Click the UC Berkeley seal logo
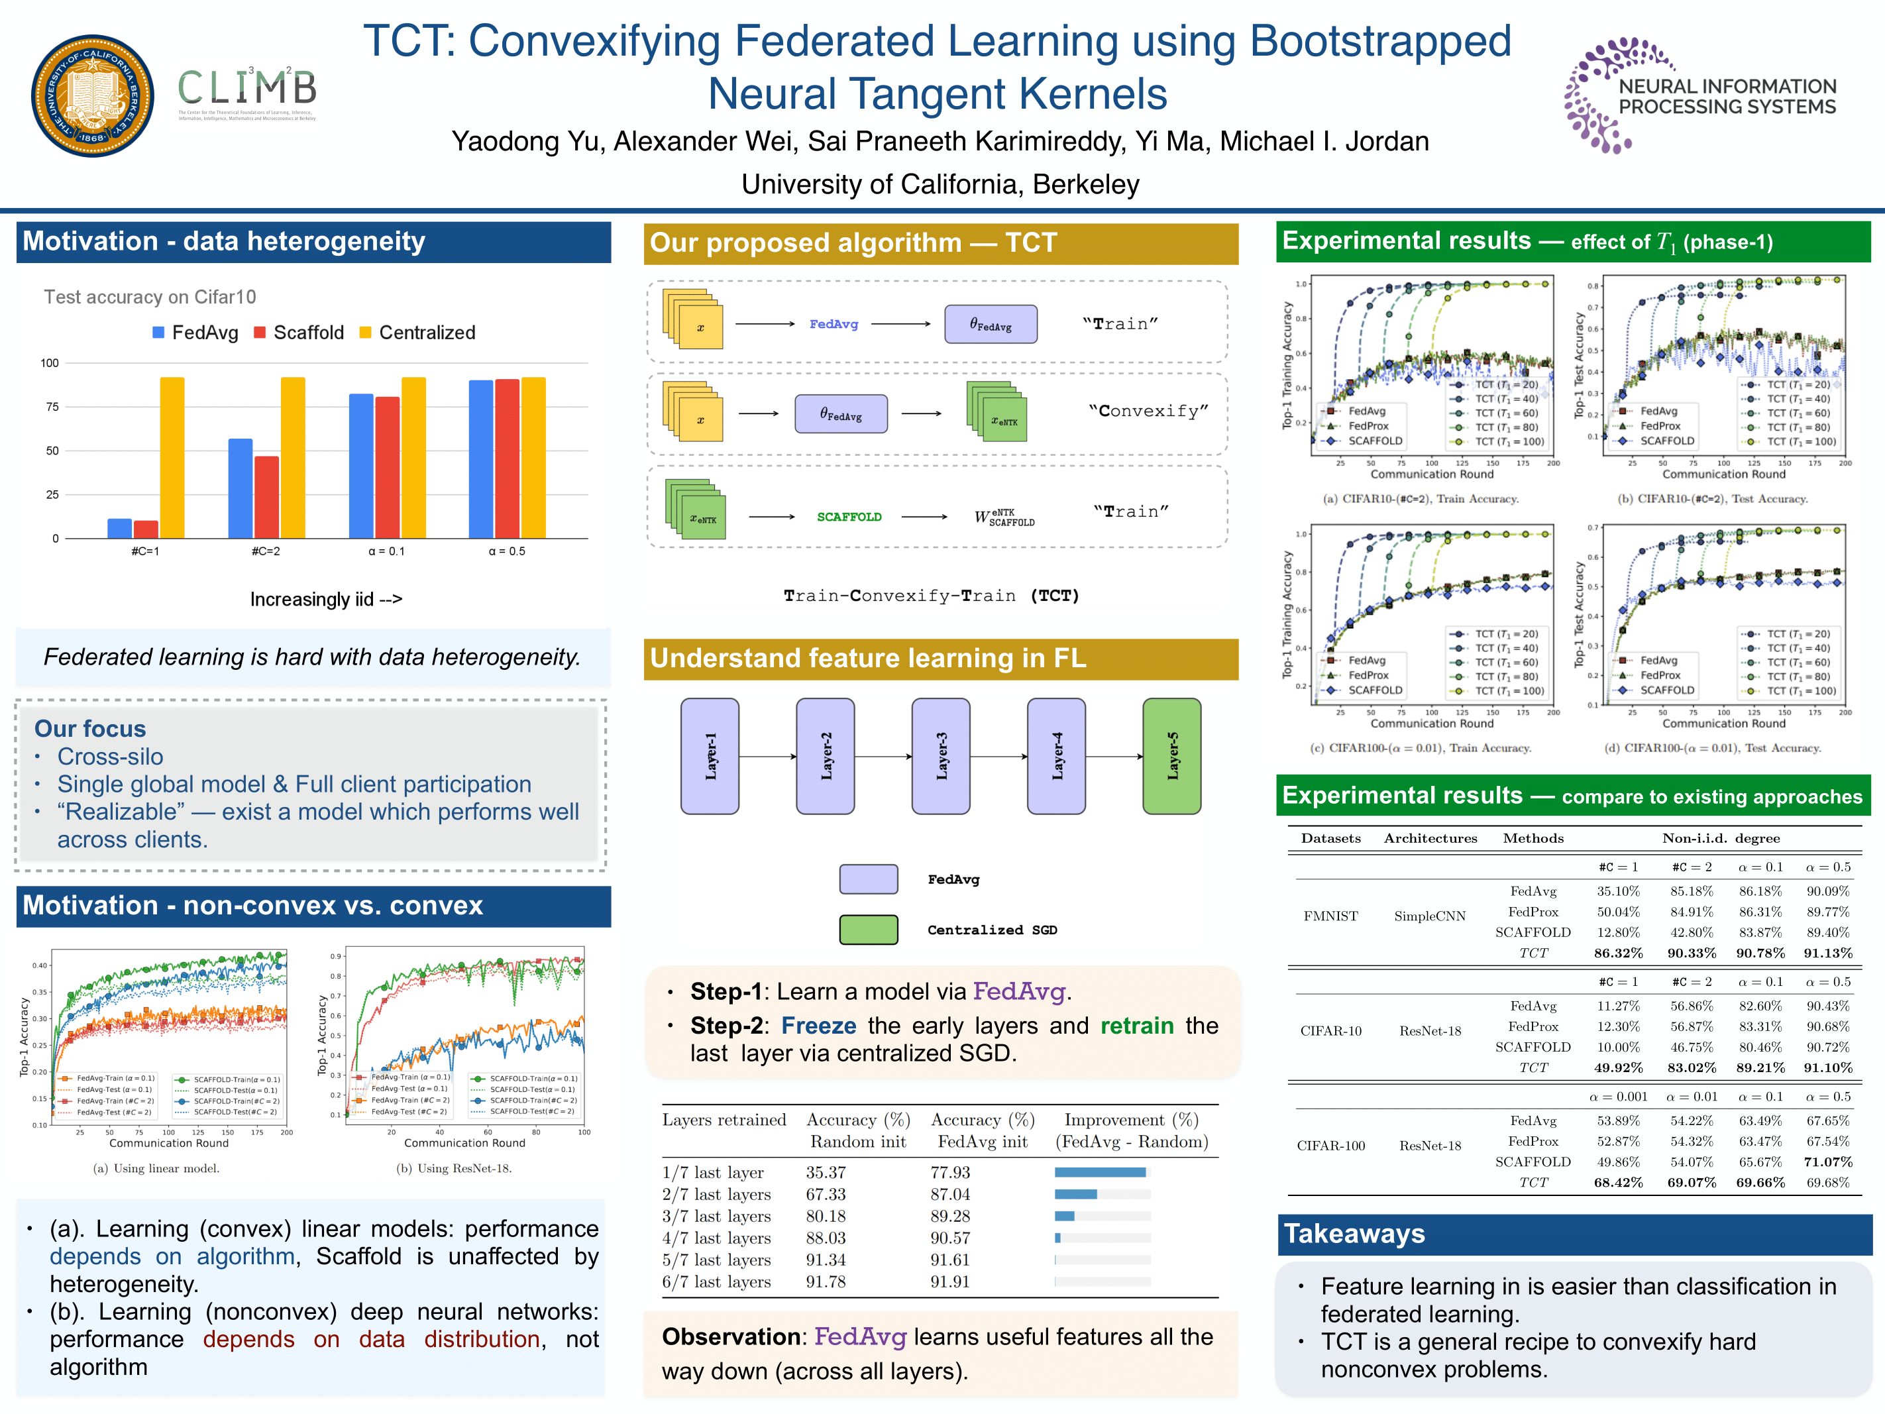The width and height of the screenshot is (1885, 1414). pos(92,95)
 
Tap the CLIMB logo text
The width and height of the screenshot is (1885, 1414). pos(246,87)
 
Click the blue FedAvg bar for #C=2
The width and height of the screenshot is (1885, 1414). pos(241,488)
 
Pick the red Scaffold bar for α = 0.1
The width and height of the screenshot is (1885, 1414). pos(387,467)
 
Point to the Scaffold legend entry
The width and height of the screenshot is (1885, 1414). pos(299,333)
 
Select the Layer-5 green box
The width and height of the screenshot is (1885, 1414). pos(1171,756)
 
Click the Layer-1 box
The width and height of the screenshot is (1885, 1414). pos(710,756)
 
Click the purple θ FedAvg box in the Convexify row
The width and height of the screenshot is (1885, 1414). pos(840,413)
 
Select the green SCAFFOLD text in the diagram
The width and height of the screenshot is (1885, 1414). pos(849,517)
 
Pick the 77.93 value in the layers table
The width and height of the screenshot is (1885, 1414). pos(949,1172)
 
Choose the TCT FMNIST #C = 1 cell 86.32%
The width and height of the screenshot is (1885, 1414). pos(1617,953)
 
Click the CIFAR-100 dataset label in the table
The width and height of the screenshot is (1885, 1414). pos(1330,1146)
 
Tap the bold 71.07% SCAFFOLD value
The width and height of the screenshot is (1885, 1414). pos(1827,1162)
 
